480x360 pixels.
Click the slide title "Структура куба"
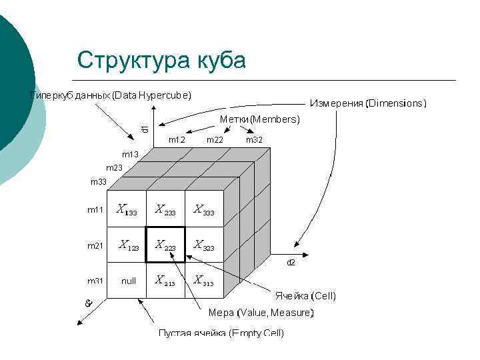161,60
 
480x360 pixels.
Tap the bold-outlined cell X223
165,245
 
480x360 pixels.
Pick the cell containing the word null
129,281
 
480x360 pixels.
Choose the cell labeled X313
204,281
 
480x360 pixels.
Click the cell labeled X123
129,245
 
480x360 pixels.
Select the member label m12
177,140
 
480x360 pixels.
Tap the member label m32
254,140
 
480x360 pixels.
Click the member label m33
98,181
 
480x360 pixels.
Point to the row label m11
95,210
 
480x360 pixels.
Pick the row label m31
95,281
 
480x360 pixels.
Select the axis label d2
291,263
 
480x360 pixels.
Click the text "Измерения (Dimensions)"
368,103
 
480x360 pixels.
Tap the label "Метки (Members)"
260,119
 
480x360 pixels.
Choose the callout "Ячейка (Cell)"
306,295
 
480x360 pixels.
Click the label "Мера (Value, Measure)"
261,312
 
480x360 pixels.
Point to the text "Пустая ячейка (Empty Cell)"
221,333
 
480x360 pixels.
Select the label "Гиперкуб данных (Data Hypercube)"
110,95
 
